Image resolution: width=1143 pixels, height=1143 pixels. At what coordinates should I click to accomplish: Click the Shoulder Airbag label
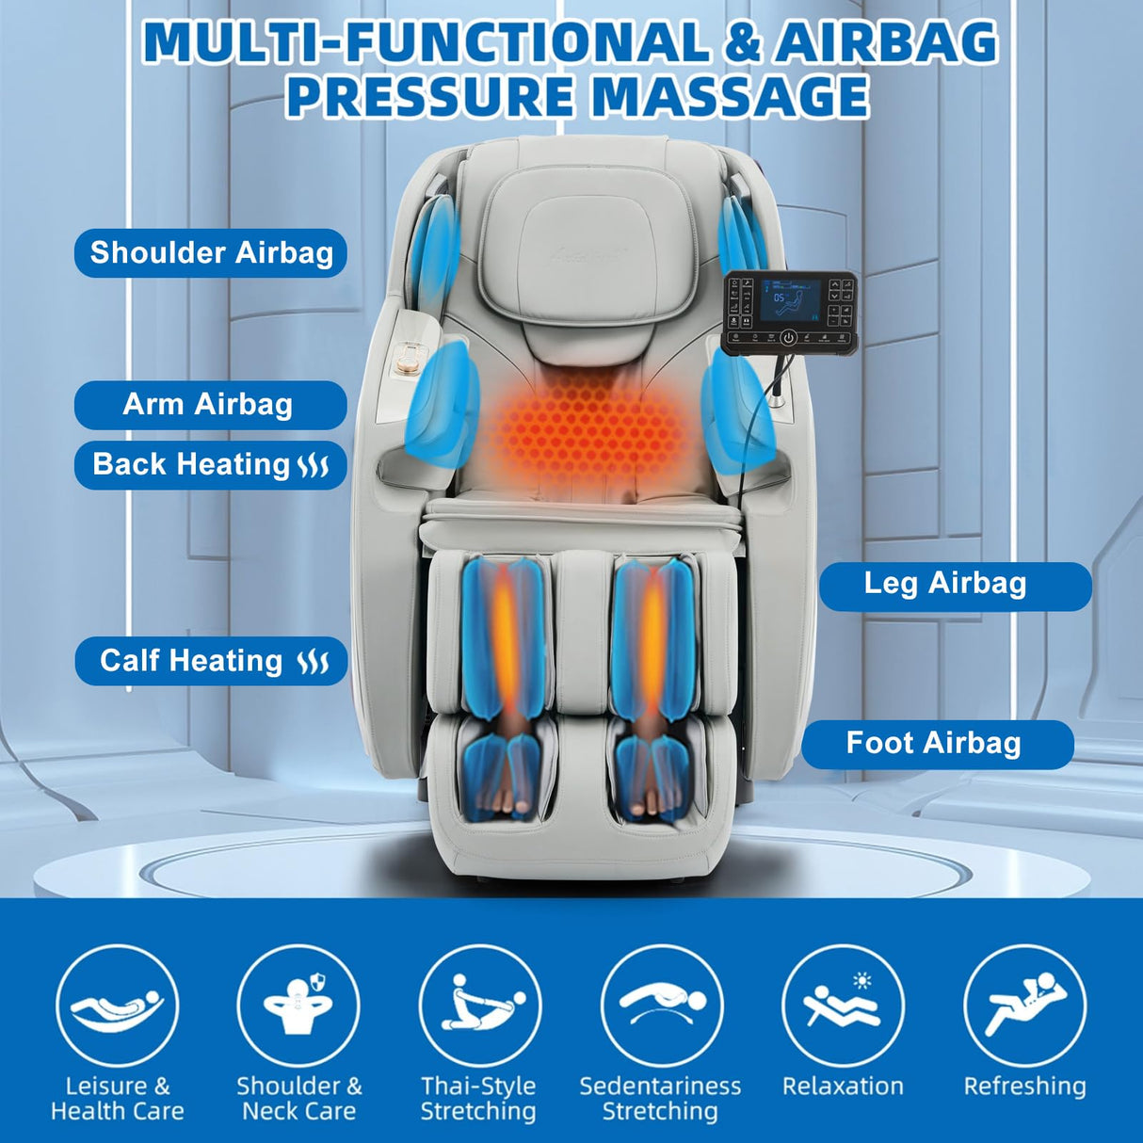coord(211,253)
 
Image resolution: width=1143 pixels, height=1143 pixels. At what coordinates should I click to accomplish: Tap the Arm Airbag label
coord(208,405)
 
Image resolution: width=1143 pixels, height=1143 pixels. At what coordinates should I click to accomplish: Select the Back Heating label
coord(210,465)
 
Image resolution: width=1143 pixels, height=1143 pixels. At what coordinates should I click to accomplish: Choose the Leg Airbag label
coord(953,584)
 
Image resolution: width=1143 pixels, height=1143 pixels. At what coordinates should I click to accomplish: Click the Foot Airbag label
coord(936,744)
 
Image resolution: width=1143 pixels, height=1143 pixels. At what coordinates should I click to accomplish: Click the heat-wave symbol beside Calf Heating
coord(314,662)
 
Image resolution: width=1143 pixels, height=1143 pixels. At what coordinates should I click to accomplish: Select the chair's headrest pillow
coord(593,254)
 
